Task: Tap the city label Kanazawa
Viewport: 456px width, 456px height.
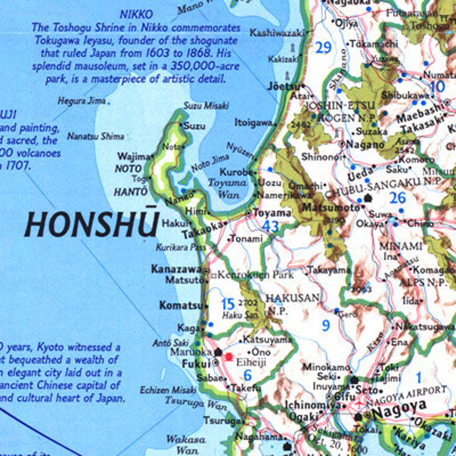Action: click(176, 269)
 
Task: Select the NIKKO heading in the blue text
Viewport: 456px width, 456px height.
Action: click(136, 14)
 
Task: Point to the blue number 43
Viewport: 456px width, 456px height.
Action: click(270, 227)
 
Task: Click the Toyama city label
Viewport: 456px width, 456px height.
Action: click(272, 213)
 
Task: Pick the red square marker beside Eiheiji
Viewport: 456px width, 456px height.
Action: click(229, 357)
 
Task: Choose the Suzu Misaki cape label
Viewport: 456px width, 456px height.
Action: click(206, 106)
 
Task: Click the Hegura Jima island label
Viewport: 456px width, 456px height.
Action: click(82, 101)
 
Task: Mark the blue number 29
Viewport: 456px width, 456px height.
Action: click(323, 48)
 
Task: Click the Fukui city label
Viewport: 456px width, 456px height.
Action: click(196, 364)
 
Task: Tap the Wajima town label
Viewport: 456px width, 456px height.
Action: click(134, 157)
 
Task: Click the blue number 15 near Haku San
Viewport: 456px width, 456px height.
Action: click(228, 304)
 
